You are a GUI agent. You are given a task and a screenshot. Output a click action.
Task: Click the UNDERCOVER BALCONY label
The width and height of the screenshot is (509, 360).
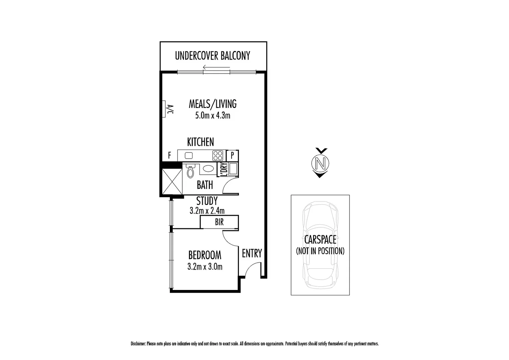[213, 56]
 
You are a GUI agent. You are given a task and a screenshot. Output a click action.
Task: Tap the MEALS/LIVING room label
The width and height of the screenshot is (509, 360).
[213, 104]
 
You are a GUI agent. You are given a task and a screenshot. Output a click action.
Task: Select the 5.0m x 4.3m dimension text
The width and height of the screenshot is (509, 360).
[213, 116]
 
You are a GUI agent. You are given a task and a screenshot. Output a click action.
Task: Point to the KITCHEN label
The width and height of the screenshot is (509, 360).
[200, 142]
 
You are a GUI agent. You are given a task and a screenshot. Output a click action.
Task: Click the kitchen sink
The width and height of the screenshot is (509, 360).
[189, 155]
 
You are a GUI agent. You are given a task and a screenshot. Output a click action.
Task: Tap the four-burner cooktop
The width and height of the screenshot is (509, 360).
[218, 155]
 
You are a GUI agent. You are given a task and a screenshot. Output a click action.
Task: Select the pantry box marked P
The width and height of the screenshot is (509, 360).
[232, 155]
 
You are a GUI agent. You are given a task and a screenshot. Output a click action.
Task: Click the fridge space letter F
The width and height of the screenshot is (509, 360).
[170, 156]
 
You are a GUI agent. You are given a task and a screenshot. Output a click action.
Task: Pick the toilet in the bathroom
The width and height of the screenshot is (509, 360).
[190, 171]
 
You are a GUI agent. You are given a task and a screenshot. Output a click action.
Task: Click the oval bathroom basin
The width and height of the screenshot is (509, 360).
[209, 169]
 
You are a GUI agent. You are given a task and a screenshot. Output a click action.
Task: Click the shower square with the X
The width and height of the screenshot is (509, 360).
[172, 182]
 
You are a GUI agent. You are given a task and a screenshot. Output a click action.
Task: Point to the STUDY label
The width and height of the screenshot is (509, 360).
[207, 201]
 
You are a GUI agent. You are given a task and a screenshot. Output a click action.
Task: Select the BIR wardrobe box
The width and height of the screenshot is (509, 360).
[219, 222]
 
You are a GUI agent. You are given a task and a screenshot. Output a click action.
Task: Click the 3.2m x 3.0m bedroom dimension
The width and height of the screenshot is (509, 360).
[205, 267]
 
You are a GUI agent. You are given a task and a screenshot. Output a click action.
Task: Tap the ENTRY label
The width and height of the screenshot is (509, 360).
[252, 254]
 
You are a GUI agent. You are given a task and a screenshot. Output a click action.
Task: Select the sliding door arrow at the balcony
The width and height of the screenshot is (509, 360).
[216, 68]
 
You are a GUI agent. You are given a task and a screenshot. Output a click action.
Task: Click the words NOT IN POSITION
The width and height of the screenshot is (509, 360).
[320, 251]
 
